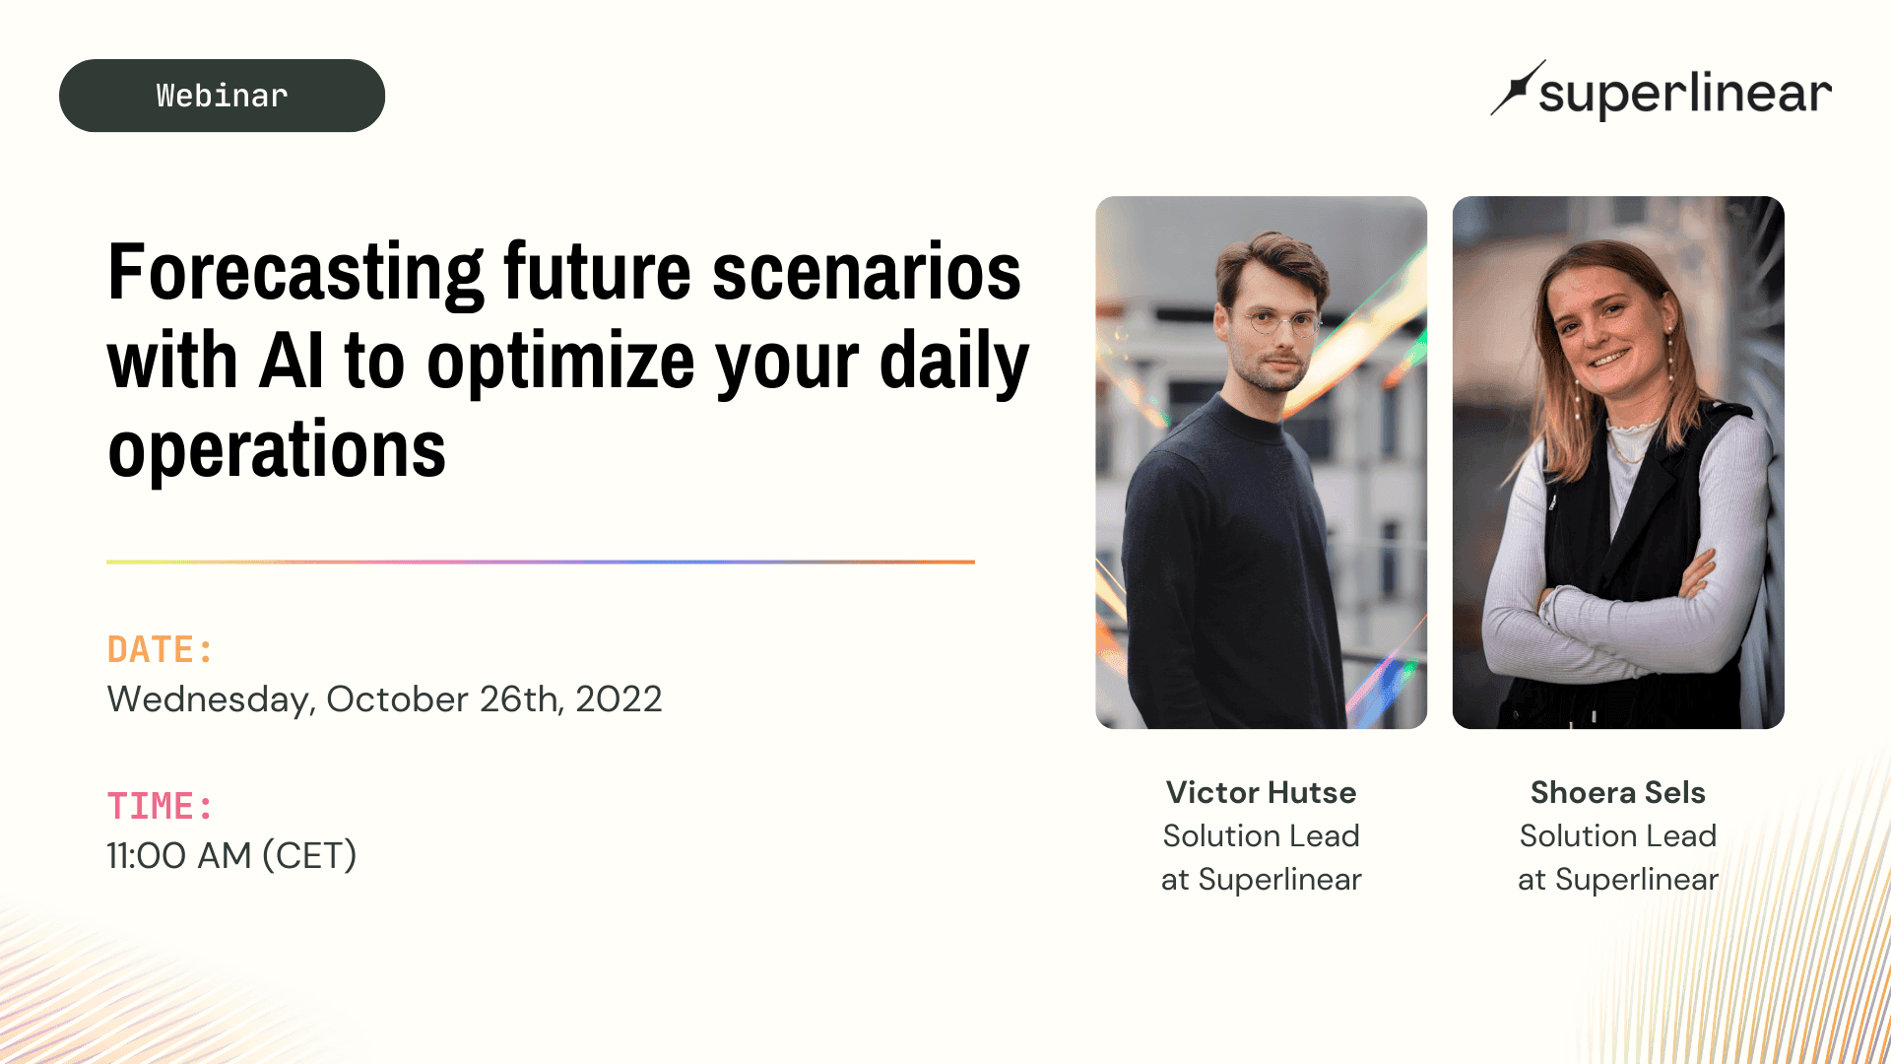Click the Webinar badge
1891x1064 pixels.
coord(222,96)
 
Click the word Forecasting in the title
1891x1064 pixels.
coord(295,274)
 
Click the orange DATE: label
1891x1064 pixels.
coord(160,650)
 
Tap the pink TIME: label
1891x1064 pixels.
coord(160,807)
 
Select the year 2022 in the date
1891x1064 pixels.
coord(619,699)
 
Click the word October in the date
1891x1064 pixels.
coord(397,699)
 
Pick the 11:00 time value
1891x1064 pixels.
coord(147,856)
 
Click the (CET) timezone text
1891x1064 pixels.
coord(309,856)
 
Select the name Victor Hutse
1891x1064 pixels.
coord(1262,792)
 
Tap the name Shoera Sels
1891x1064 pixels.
coord(1618,792)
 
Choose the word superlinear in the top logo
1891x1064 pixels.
coord(1685,94)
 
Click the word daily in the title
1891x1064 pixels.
coord(953,363)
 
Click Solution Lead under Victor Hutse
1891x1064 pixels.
coord(1262,835)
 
